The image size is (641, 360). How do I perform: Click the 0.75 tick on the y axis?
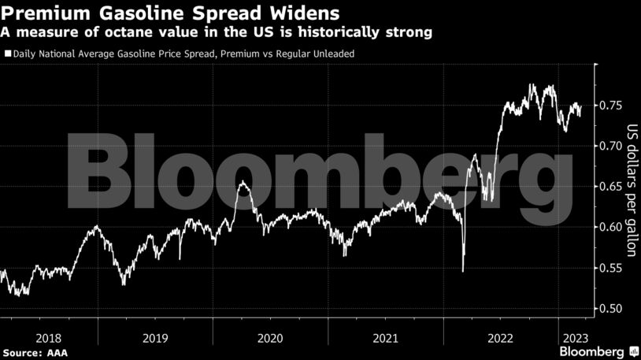point(613,105)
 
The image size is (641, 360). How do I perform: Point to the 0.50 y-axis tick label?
point(613,308)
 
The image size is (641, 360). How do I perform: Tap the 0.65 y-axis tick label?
point(613,186)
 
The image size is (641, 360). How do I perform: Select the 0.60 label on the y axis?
point(613,227)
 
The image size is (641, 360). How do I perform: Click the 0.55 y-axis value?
point(613,268)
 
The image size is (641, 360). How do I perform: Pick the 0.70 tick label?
point(613,146)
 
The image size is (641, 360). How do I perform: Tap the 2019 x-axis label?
point(155,337)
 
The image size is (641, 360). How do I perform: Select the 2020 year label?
point(270,337)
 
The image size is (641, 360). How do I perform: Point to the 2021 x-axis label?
point(385,337)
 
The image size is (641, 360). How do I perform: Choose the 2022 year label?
point(501,337)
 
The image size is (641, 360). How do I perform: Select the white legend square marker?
point(8,54)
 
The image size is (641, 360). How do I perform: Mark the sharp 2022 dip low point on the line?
point(463,272)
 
